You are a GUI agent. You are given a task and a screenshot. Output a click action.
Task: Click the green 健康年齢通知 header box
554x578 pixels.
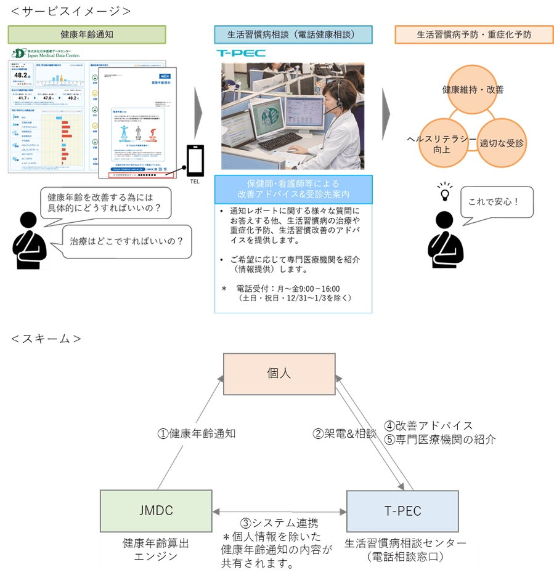coord(86,34)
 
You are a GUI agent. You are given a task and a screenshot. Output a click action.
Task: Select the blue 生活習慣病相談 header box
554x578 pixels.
coord(293,34)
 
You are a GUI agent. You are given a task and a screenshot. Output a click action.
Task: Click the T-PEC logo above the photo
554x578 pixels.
coord(241,54)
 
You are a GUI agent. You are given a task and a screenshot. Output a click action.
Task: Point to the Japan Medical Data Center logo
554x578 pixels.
coord(46,54)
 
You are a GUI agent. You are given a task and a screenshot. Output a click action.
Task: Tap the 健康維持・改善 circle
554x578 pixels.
coord(473,90)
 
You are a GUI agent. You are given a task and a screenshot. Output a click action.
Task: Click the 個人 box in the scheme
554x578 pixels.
coord(278,373)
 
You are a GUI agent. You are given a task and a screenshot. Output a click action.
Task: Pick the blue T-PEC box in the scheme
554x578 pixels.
coord(402,510)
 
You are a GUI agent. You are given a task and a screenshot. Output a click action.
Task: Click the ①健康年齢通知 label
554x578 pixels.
coord(197,433)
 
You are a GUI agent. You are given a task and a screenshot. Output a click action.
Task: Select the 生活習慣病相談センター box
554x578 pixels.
coord(405,550)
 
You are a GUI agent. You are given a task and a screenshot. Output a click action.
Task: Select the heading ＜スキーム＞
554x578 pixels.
coord(46,338)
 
